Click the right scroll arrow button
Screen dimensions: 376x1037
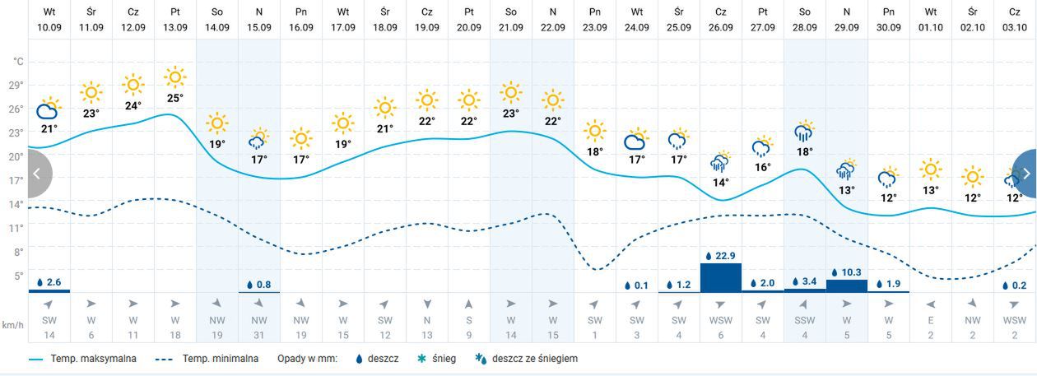[x=1025, y=174]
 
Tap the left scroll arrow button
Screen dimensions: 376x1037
[x=38, y=174]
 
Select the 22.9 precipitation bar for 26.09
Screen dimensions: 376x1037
[x=721, y=277]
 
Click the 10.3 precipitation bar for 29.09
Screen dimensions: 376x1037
[x=847, y=285]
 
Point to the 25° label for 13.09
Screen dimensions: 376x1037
[x=175, y=98]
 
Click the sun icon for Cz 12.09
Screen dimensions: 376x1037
[x=133, y=85]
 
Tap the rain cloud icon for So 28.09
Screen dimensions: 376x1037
[x=805, y=132]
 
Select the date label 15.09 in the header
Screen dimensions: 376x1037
[x=259, y=27]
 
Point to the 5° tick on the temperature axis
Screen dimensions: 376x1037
[x=17, y=276]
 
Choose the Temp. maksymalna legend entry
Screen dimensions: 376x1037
[x=82, y=359]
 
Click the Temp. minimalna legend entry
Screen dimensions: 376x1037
[x=210, y=359]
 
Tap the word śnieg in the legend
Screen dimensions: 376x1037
[x=444, y=359]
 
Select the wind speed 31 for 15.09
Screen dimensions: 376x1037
[x=259, y=335]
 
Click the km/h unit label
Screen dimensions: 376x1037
[x=12, y=325]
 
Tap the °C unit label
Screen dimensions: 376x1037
[x=18, y=61]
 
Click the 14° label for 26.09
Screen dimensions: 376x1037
[x=721, y=183]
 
